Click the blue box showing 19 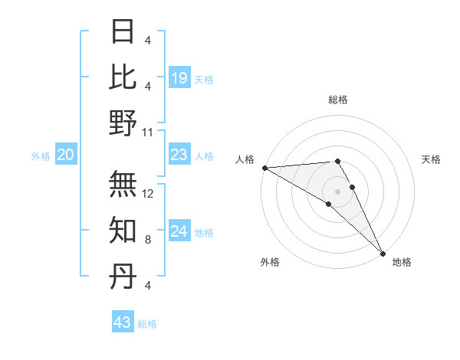coord(179,77)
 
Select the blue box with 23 coord(179,155)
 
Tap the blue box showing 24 coord(179,231)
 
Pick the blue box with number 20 coord(66,155)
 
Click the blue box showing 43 coord(123,322)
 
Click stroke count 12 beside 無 coord(149,194)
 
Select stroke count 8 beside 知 coord(147,240)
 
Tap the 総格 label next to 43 coord(148,324)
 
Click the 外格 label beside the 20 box coord(41,156)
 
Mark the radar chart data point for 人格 coord(264,167)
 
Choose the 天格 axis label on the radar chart coord(432,159)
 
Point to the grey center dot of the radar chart coord(338,191)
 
